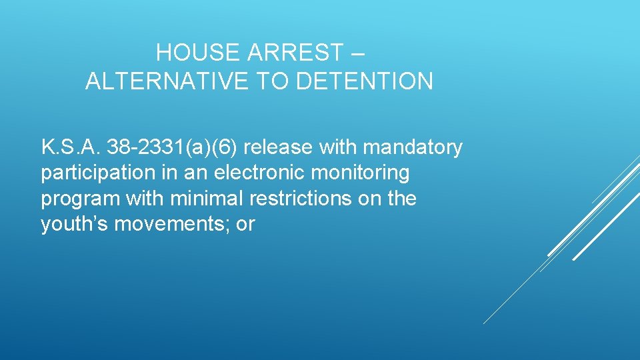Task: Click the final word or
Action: (246, 224)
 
